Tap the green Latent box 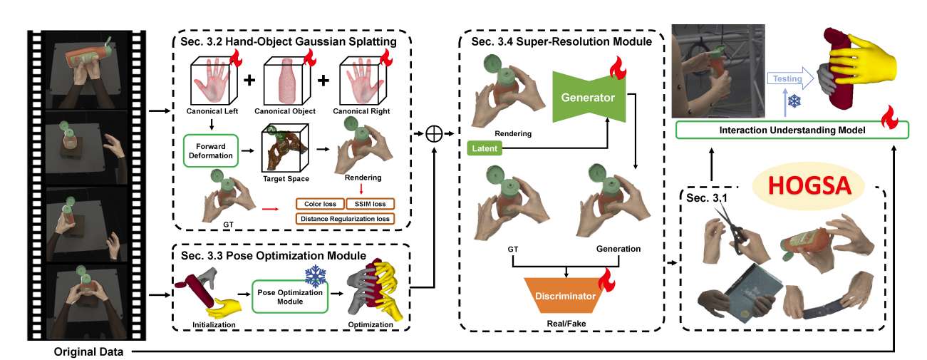485,148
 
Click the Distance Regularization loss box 345,219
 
